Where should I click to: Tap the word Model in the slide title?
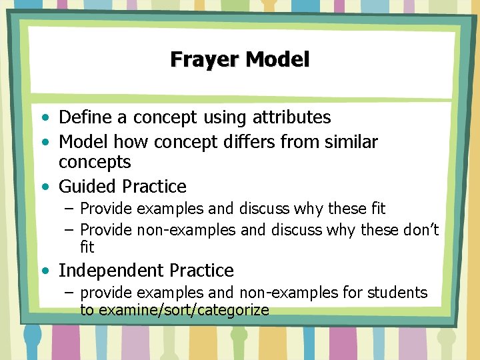[x=278, y=59]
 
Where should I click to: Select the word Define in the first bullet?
[x=86, y=118]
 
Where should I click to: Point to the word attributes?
[x=291, y=118]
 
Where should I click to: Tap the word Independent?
[x=111, y=271]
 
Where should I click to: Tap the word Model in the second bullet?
[x=84, y=142]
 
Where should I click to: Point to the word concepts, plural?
[x=95, y=162]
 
